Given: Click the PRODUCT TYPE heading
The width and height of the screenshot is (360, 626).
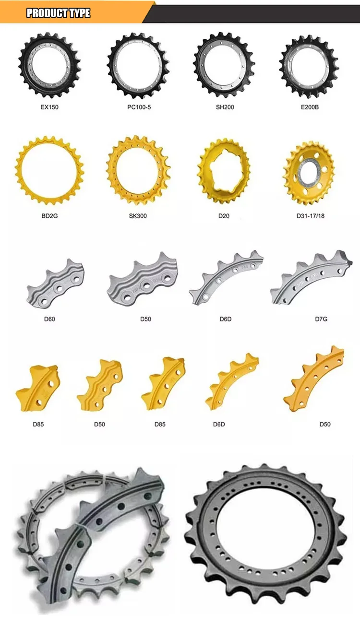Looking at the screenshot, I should [x=58, y=13].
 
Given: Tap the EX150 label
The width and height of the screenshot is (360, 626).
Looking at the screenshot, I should [x=49, y=107].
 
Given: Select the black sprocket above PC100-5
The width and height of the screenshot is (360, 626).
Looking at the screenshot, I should [x=139, y=65].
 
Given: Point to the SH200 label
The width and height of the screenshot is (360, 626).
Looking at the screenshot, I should [x=225, y=107].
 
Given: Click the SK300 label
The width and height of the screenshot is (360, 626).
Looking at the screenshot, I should [x=138, y=216].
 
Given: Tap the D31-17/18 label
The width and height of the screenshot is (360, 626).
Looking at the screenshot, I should [x=310, y=216].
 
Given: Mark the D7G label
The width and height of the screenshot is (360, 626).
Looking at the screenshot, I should [x=321, y=319].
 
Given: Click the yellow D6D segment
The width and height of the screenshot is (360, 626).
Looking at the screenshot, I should [x=231, y=381].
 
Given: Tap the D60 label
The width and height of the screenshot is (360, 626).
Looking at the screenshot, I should [x=49, y=319].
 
